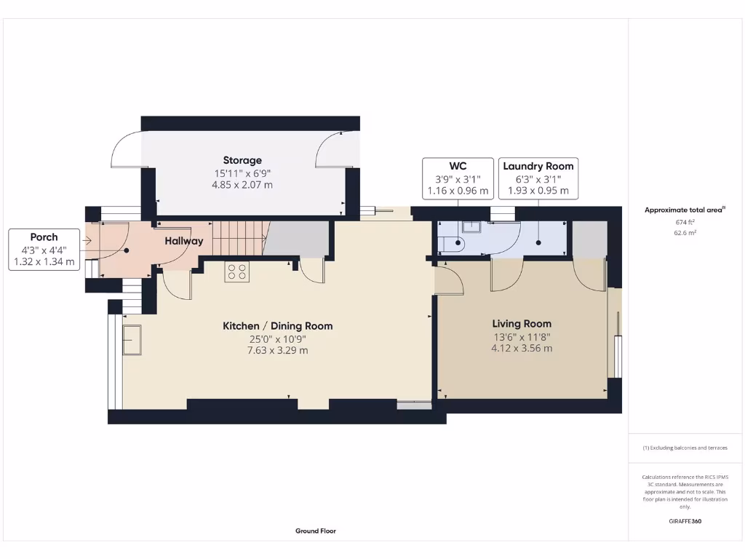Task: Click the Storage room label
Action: pyautogui.click(x=242, y=160)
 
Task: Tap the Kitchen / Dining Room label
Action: pyautogui.click(x=277, y=326)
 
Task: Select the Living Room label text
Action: pyautogui.click(x=522, y=324)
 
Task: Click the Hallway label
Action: pyautogui.click(x=183, y=241)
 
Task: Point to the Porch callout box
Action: pyautogui.click(x=44, y=250)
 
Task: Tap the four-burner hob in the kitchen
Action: pyautogui.click(x=236, y=271)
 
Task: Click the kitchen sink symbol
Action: pyautogui.click(x=133, y=340)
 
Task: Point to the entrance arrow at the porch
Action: pyautogui.click(x=87, y=241)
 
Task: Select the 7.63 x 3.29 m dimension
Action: pyautogui.click(x=277, y=350)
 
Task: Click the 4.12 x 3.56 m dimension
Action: pyautogui.click(x=522, y=348)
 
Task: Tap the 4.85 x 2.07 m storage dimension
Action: pyautogui.click(x=242, y=185)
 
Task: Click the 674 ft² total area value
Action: pyautogui.click(x=685, y=223)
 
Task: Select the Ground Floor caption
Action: pyautogui.click(x=316, y=531)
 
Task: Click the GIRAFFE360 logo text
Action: pyautogui.click(x=685, y=521)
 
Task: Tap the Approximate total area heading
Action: pyautogui.click(x=685, y=210)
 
